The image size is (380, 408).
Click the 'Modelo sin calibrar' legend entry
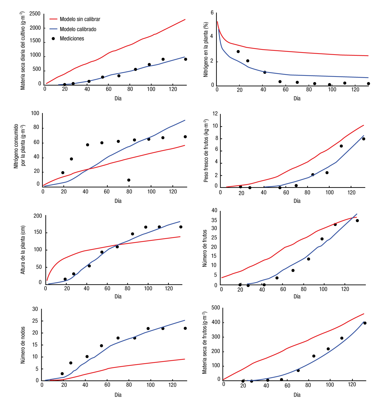(80, 19)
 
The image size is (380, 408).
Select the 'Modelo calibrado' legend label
(78, 29)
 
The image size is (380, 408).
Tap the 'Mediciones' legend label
(72, 39)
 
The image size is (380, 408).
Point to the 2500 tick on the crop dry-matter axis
(35, 14)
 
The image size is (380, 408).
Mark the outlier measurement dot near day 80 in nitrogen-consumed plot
(129, 180)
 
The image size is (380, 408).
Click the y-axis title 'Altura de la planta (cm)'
(23, 250)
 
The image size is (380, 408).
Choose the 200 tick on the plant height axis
(38, 216)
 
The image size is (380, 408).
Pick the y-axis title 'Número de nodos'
(23, 345)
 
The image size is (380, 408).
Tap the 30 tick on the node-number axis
(35, 309)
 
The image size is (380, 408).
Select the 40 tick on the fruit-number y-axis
(214, 211)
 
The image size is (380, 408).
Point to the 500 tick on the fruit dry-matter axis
(216, 308)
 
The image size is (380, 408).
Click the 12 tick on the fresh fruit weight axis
(215, 114)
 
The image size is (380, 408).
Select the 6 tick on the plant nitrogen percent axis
(212, 13)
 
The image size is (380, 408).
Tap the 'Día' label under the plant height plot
(118, 297)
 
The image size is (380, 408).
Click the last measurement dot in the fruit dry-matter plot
(365, 323)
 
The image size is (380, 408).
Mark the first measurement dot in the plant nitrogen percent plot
(238, 52)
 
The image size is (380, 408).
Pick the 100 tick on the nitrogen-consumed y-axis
(35, 113)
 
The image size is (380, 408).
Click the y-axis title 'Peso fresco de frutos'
(206, 151)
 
